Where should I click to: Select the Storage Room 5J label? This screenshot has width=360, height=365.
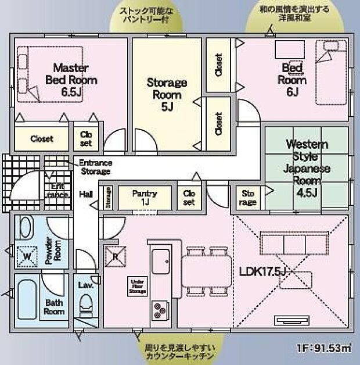coord(167,94)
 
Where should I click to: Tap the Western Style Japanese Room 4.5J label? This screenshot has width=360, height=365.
coord(307,169)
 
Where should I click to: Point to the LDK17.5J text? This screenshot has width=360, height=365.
coord(265,271)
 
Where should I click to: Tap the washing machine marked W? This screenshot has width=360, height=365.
coord(27,254)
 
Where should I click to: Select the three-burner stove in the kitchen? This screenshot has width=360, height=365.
coord(160,309)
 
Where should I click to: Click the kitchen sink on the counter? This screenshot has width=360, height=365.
coord(161,262)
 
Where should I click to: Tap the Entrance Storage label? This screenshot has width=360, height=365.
coord(95,167)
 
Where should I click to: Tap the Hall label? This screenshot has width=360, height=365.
coord(86,194)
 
